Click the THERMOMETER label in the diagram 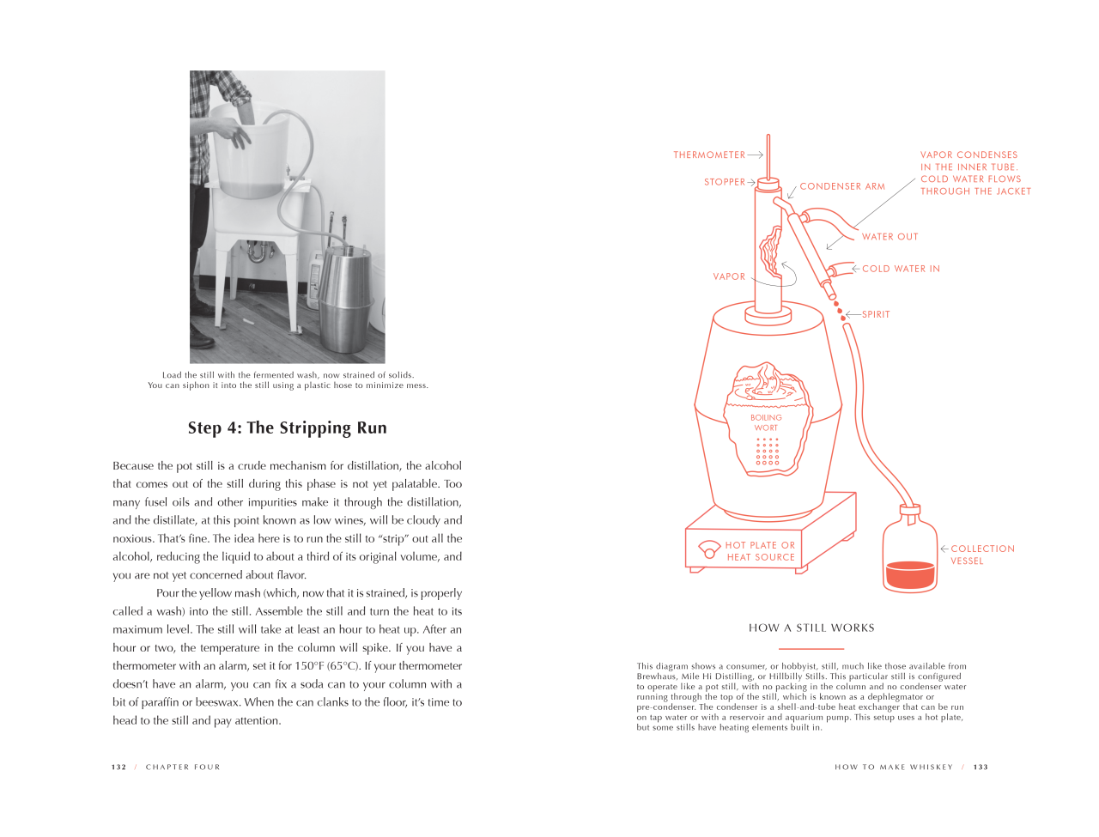(x=708, y=155)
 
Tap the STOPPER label (x=724, y=182)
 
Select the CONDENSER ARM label (x=841, y=186)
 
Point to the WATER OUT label (x=890, y=236)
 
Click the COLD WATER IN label (x=900, y=269)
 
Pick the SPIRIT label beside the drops (x=875, y=314)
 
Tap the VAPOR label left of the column (x=728, y=276)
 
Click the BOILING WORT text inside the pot (x=766, y=422)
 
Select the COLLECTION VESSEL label (x=982, y=555)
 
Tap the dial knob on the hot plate (x=708, y=549)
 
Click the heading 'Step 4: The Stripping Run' (x=287, y=428)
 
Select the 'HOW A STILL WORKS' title (x=811, y=628)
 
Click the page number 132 (x=118, y=767)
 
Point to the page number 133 (x=980, y=767)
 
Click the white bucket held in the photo (x=249, y=149)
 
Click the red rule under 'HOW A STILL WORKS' (x=811, y=649)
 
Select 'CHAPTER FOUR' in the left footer (x=183, y=767)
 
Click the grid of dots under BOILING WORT (x=767, y=451)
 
